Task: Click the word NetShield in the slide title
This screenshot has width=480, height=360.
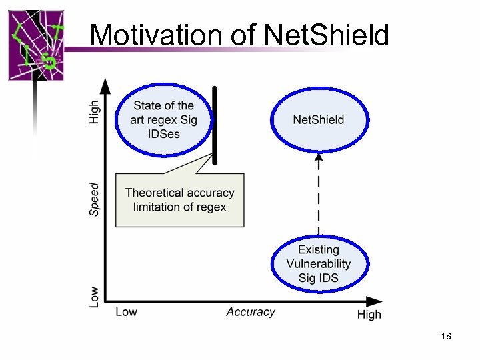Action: tap(326, 35)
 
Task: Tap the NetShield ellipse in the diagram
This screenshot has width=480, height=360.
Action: tap(319, 120)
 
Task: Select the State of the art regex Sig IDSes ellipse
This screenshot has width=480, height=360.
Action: tap(163, 120)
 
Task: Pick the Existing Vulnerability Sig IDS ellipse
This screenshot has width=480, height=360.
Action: tap(319, 264)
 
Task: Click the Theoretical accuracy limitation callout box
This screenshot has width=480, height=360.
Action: tap(180, 200)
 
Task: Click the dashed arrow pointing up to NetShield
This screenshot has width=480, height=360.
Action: tap(319, 193)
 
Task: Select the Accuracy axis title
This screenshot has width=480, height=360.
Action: tap(250, 312)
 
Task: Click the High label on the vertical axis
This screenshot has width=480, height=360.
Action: tap(95, 111)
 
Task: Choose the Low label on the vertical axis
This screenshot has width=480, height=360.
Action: tap(95, 297)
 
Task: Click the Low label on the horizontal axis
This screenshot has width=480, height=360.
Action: tap(127, 312)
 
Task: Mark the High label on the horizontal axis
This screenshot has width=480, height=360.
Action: tap(369, 314)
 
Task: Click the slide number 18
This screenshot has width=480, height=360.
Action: tap(446, 336)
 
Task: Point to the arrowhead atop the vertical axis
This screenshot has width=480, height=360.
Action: tap(105, 85)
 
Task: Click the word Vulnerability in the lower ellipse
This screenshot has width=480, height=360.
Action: tap(319, 264)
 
